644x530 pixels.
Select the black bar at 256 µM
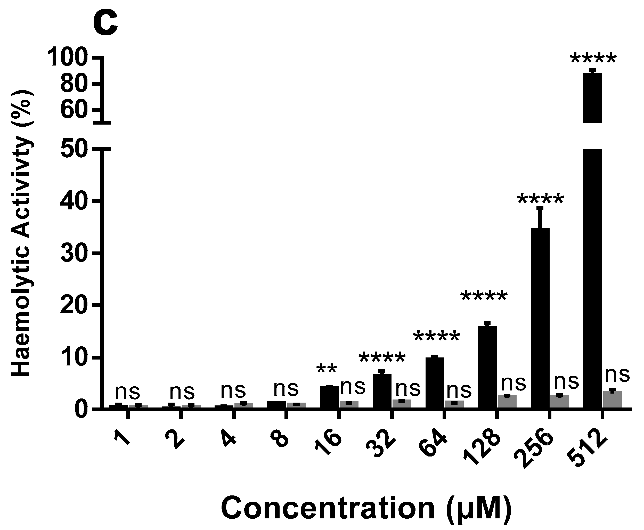540,317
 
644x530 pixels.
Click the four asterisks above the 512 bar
593,59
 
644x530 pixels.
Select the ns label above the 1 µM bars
127,392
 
